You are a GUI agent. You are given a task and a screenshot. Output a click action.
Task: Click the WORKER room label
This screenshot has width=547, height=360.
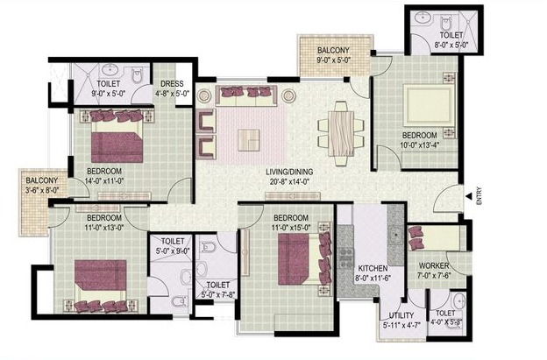[434, 265]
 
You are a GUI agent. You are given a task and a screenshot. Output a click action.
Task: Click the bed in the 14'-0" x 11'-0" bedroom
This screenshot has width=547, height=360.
[117, 136]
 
